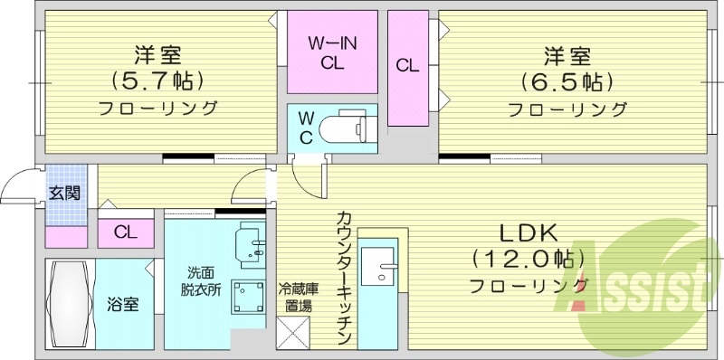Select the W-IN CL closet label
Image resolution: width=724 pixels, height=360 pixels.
click(x=331, y=52)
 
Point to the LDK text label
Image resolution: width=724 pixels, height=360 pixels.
click(x=523, y=233)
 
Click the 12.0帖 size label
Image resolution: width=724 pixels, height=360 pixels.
click(x=523, y=260)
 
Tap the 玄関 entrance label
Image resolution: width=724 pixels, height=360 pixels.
click(x=64, y=193)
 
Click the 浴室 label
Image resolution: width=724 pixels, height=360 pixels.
click(x=122, y=304)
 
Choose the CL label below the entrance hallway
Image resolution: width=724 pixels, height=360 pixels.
click(x=126, y=232)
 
